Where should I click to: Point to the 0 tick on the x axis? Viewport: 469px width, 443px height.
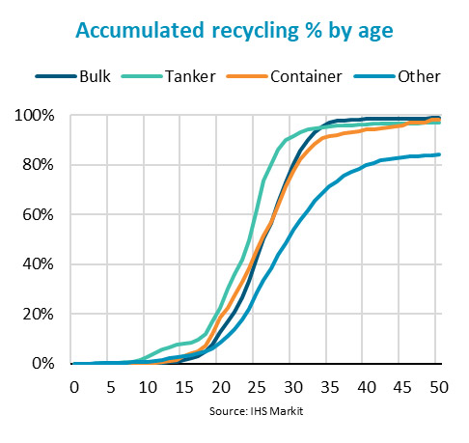coord(74,386)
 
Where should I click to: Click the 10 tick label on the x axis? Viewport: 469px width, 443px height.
coord(148,386)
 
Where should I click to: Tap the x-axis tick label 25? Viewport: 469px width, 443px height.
coord(257,386)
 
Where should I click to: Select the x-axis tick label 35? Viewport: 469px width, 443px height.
coord(330,386)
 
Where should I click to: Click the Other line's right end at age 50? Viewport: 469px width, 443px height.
coord(440,154)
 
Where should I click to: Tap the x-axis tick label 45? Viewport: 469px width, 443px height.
coord(403,386)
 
